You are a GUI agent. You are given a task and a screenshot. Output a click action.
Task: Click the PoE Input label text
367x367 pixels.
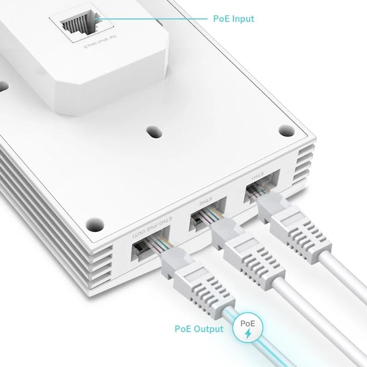click(233, 19)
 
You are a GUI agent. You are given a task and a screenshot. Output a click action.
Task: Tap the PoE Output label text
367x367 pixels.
click(199, 329)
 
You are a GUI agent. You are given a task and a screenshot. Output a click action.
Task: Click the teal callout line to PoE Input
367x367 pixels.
click(153, 19)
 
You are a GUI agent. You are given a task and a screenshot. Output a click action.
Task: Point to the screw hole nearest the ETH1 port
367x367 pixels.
click(286, 130)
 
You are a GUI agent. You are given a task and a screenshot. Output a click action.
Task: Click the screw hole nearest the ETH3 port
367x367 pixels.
click(94, 224)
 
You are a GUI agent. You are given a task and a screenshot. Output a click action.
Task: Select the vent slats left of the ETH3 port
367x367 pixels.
click(102, 262)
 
